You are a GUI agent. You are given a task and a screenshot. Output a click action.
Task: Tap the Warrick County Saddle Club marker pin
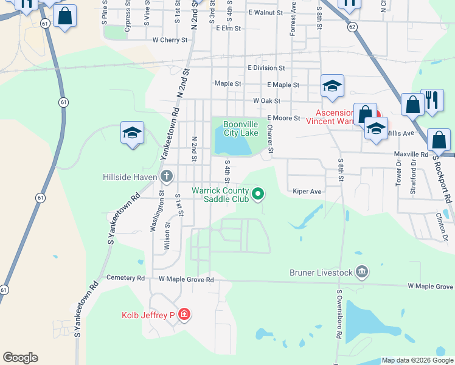point(258,194)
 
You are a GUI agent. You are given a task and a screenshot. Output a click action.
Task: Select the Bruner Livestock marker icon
point(362,271)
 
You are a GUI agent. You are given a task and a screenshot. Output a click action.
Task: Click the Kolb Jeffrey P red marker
point(184,315)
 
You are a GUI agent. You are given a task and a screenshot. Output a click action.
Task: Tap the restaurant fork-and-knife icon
point(432,99)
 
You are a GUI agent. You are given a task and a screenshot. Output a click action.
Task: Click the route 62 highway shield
point(352,27)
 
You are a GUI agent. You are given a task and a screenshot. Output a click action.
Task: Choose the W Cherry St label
point(170,40)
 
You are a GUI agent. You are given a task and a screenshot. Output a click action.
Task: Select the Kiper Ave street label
point(307,191)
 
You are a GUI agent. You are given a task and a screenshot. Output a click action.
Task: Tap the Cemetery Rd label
point(125,278)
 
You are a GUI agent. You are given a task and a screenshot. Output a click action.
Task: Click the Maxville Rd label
point(411,155)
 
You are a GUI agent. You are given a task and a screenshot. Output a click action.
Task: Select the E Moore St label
point(283,118)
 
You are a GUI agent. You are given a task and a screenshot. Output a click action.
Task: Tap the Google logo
point(20,358)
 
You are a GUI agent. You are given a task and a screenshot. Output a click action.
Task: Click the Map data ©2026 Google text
point(417,360)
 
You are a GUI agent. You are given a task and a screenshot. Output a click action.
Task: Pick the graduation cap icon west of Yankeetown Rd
point(132,133)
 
